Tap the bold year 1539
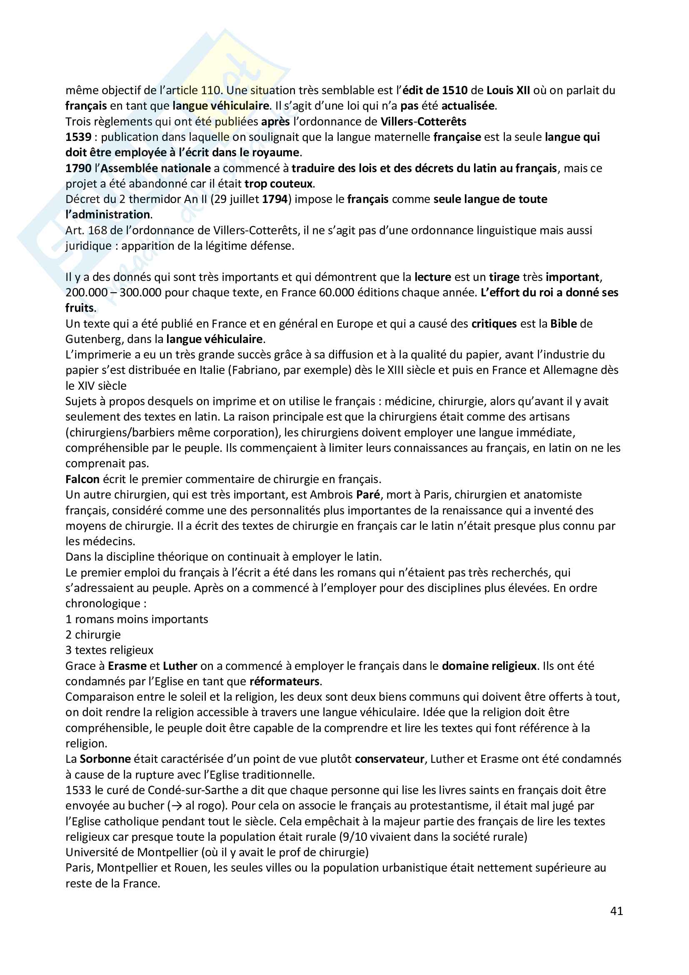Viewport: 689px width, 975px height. [78, 137]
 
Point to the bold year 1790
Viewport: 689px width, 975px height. [78, 168]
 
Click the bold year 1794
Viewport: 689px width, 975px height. [275, 199]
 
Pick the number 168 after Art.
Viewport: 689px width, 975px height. [97, 231]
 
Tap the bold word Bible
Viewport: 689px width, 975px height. [564, 323]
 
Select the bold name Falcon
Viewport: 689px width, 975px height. [82, 479]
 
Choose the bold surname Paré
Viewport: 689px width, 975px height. [368, 495]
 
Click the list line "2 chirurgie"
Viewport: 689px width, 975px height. [93, 635]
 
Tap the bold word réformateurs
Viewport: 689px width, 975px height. [285, 682]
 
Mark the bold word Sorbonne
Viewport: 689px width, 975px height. [105, 759]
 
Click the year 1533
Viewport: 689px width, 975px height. [78, 790]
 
